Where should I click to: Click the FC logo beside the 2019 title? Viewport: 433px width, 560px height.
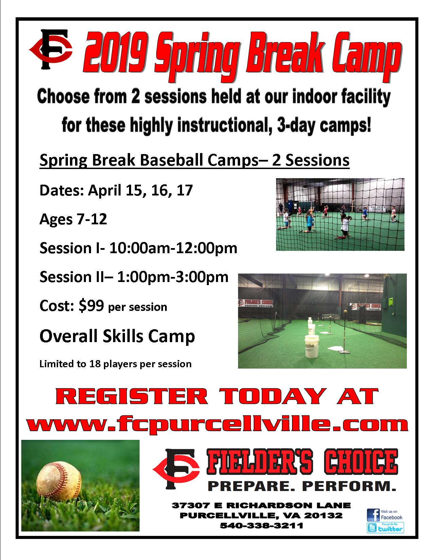[51, 50]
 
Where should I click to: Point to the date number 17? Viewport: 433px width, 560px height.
[185, 190]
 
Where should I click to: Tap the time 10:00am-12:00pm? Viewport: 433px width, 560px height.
[173, 248]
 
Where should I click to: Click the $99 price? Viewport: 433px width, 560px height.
[92, 306]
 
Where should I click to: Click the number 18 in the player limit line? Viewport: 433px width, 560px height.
[95, 364]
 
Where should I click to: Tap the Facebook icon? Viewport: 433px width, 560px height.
[373, 515]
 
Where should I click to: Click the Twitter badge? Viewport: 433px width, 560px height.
[385, 527]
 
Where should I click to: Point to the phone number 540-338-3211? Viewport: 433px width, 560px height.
[261, 525]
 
